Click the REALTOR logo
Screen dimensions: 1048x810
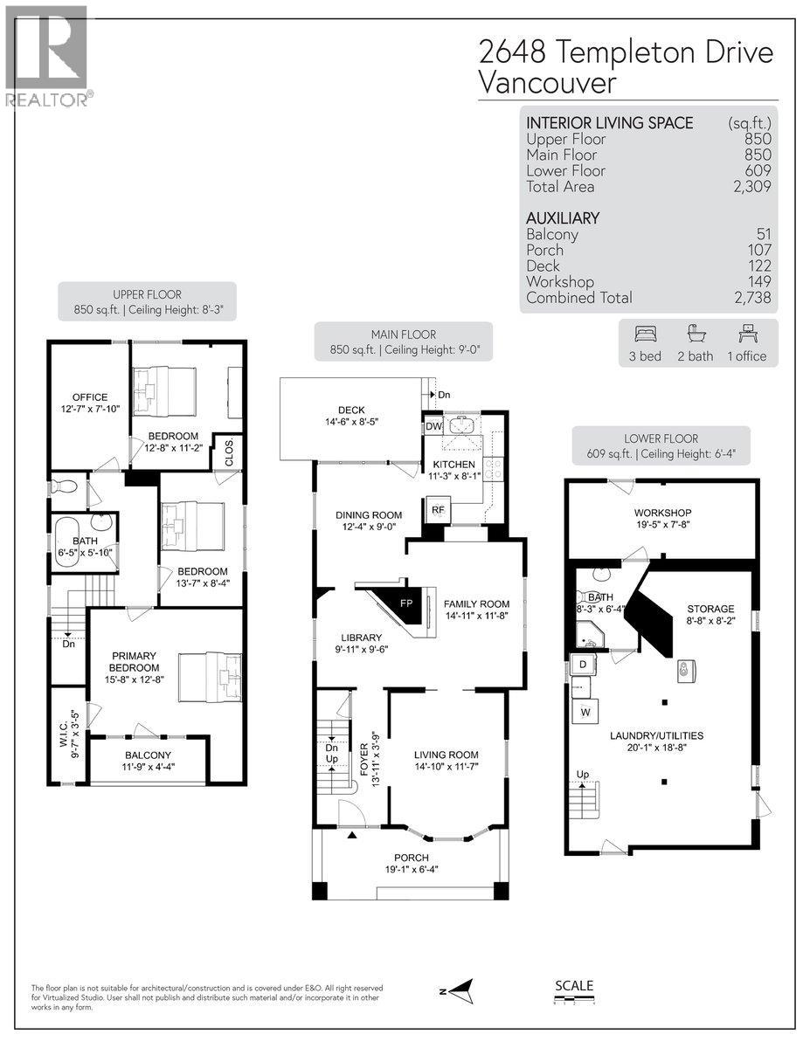[x=46, y=58]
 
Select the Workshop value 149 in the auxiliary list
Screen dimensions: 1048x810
[x=758, y=281]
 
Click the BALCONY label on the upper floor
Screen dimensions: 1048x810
[x=148, y=755]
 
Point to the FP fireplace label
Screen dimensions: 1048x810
[x=405, y=603]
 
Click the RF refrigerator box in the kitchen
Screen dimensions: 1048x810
[x=438, y=510]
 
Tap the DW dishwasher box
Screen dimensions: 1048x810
[x=433, y=426]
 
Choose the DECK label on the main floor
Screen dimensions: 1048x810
[x=351, y=410]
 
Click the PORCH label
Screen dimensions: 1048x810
[x=411, y=857]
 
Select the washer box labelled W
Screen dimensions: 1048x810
[x=584, y=711]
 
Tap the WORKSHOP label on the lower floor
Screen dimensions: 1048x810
[x=662, y=513]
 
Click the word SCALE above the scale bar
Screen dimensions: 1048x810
[x=574, y=986]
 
